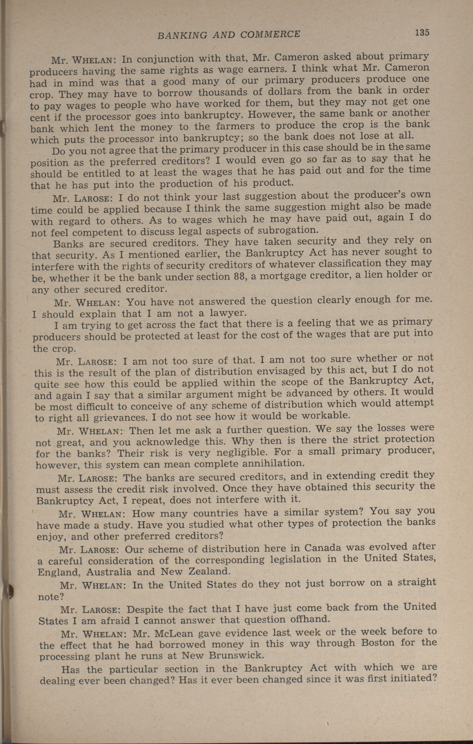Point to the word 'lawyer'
tap(228, 313)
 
